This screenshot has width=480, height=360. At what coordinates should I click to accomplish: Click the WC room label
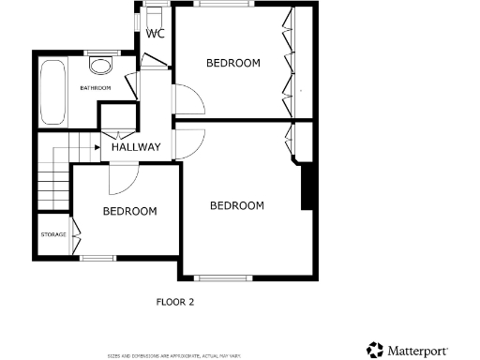tap(155, 35)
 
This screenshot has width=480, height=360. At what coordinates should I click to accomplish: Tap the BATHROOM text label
tap(95, 88)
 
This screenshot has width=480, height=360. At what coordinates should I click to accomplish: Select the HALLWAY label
tap(136, 147)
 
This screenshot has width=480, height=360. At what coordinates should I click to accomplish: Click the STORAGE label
tap(53, 233)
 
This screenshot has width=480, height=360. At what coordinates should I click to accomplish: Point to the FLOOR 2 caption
tap(174, 302)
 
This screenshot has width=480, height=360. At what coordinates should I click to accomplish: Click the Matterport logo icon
tap(375, 350)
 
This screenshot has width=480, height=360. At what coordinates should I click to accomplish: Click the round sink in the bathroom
tap(100, 66)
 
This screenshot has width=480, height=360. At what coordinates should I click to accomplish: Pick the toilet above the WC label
tap(154, 14)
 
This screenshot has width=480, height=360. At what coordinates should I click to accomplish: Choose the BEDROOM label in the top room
tap(232, 63)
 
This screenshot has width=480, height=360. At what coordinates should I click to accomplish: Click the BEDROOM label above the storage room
tap(129, 212)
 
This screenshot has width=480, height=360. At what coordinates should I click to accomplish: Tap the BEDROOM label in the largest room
tap(236, 206)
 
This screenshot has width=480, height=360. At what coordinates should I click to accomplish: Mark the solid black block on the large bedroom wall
tap(306, 187)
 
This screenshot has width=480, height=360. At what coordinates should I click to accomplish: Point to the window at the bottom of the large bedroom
tap(224, 277)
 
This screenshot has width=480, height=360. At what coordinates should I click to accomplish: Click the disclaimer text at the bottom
tap(173, 355)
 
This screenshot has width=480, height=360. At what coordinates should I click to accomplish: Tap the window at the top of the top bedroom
tap(223, 4)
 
